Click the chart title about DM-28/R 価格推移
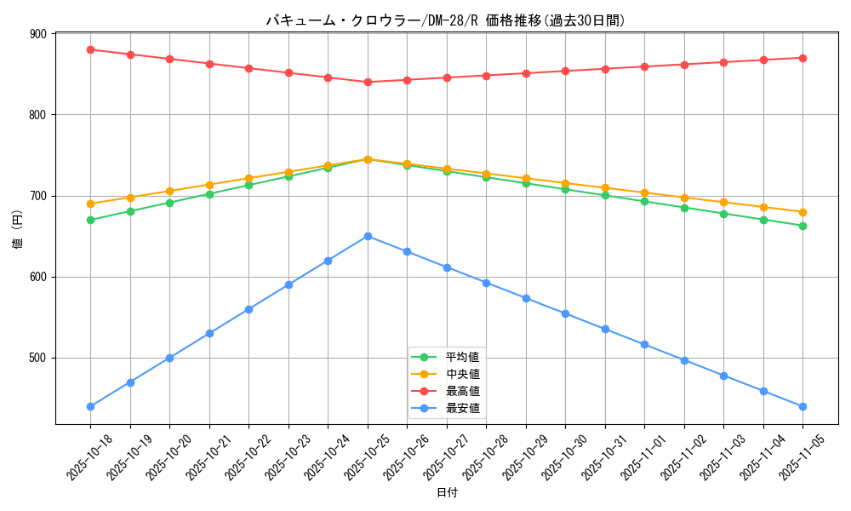[446, 20]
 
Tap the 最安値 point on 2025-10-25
[368, 236]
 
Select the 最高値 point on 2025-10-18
[90, 49]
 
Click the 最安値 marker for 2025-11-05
[802, 406]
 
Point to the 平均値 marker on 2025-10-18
[90, 220]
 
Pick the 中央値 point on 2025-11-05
[802, 212]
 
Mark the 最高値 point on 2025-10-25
[368, 82]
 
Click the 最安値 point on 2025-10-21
[209, 333]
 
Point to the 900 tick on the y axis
[37, 34]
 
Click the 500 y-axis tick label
[37, 358]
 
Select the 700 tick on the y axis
[37, 196]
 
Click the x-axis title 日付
[447, 493]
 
